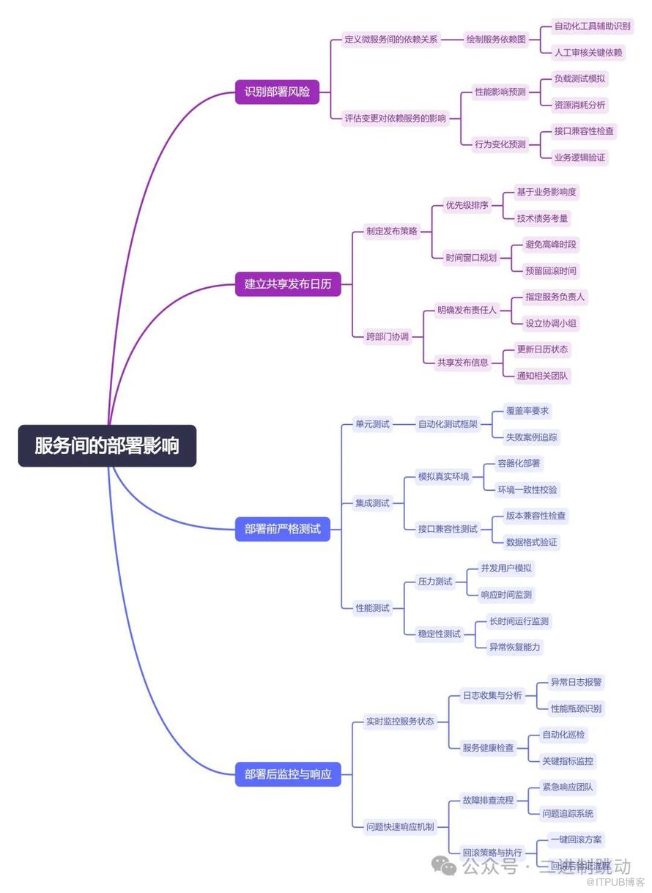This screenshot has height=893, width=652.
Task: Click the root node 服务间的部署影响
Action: (x=107, y=445)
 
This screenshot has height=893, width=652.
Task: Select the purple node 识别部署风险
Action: (x=277, y=92)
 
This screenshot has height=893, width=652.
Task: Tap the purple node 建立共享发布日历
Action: (x=288, y=284)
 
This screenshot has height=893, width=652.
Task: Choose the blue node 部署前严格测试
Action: (x=283, y=529)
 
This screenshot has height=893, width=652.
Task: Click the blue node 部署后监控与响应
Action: (x=288, y=774)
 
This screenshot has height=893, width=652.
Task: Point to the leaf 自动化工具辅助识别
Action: (x=592, y=26)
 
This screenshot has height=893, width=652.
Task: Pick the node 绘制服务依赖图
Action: (x=496, y=40)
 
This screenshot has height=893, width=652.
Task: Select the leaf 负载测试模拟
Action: (x=579, y=78)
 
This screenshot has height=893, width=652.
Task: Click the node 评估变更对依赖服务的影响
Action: (x=395, y=118)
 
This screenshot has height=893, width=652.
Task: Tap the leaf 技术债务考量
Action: (x=542, y=218)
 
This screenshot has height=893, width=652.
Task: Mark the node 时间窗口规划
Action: (x=471, y=257)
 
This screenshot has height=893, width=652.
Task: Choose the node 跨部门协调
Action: (x=387, y=337)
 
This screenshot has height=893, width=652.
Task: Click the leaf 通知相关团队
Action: (x=542, y=376)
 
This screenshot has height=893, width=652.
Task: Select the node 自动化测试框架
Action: (x=447, y=424)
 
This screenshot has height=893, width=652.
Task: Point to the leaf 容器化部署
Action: (x=519, y=463)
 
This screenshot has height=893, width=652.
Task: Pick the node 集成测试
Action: (x=372, y=503)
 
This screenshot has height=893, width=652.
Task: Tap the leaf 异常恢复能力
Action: (x=516, y=647)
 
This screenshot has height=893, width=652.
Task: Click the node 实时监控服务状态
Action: (x=399, y=722)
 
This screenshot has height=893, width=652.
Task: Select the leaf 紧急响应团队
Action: (x=568, y=788)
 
